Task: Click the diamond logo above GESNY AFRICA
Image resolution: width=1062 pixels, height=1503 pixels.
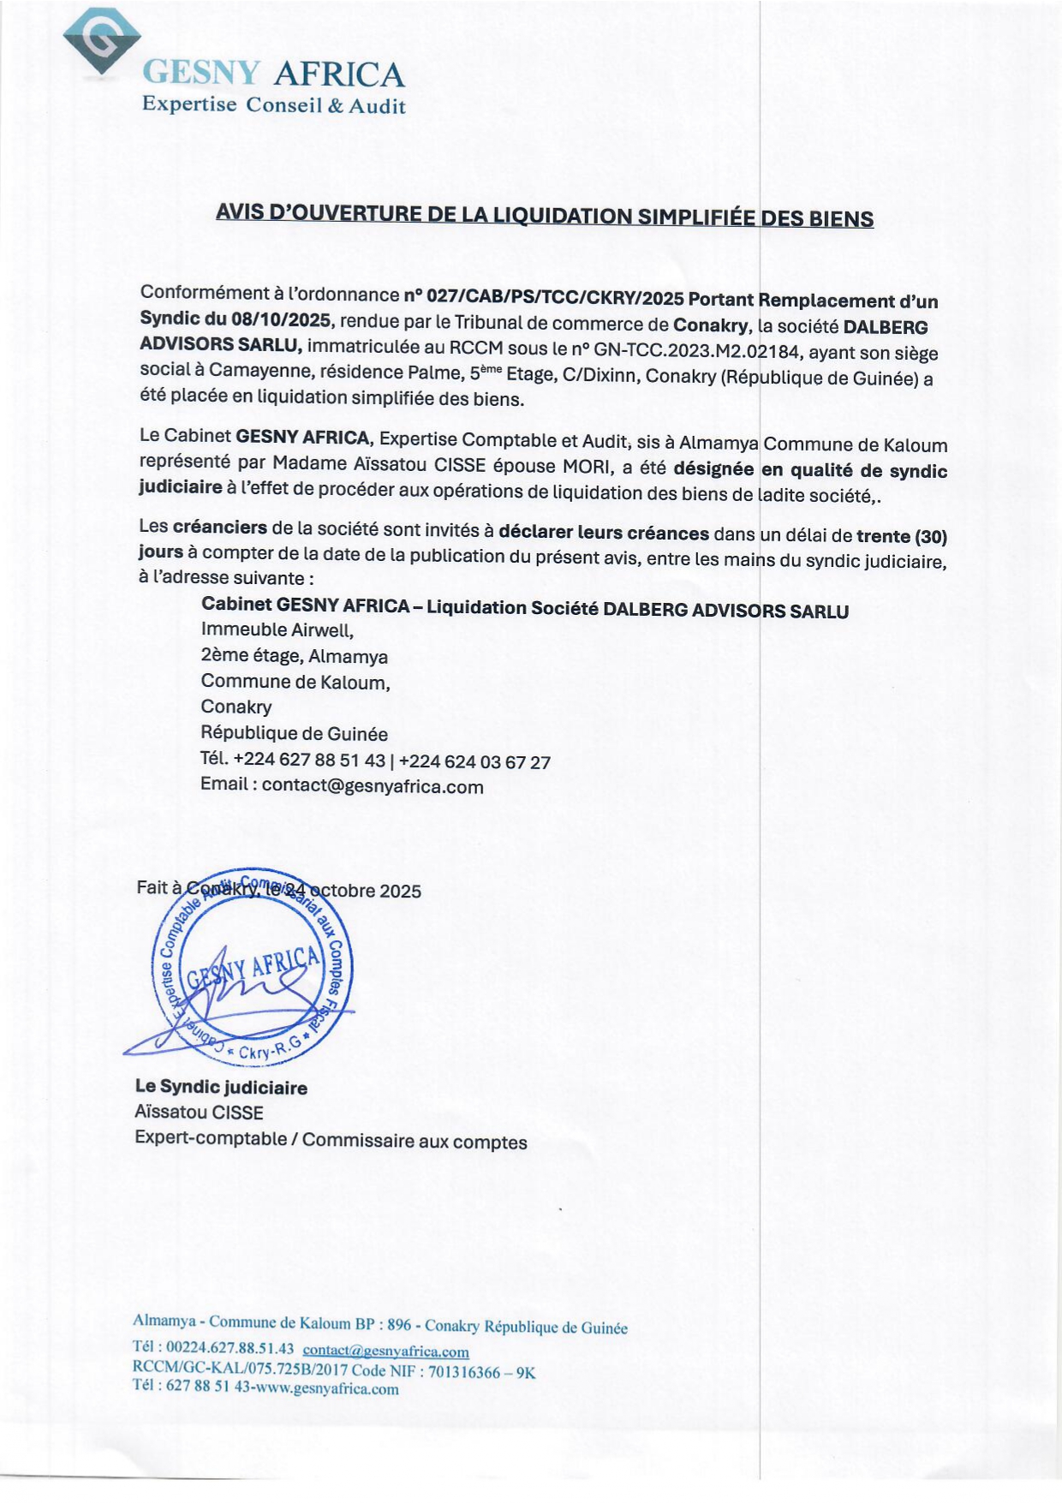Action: pos(102,43)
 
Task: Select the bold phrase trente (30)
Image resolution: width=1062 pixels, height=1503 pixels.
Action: pos(901,536)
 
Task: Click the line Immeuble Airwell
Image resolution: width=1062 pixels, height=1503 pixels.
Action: pos(277,630)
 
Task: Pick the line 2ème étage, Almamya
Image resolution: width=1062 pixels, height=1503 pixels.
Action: pos(294,657)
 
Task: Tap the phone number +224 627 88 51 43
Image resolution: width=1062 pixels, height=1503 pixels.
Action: pos(308,760)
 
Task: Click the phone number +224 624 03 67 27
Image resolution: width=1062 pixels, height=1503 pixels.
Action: pos(474,761)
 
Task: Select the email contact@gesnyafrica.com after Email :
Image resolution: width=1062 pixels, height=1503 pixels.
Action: pos(373,786)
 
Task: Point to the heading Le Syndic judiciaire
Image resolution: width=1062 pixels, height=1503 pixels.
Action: pos(221,1087)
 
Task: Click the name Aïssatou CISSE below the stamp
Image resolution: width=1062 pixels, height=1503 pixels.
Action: pos(199,1112)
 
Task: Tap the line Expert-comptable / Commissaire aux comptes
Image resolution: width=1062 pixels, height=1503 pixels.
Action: pos(331,1140)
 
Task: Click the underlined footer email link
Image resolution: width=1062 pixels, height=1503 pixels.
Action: pos(385,1351)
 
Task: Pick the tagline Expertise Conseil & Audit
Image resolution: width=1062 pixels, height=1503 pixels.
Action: pos(273,105)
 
